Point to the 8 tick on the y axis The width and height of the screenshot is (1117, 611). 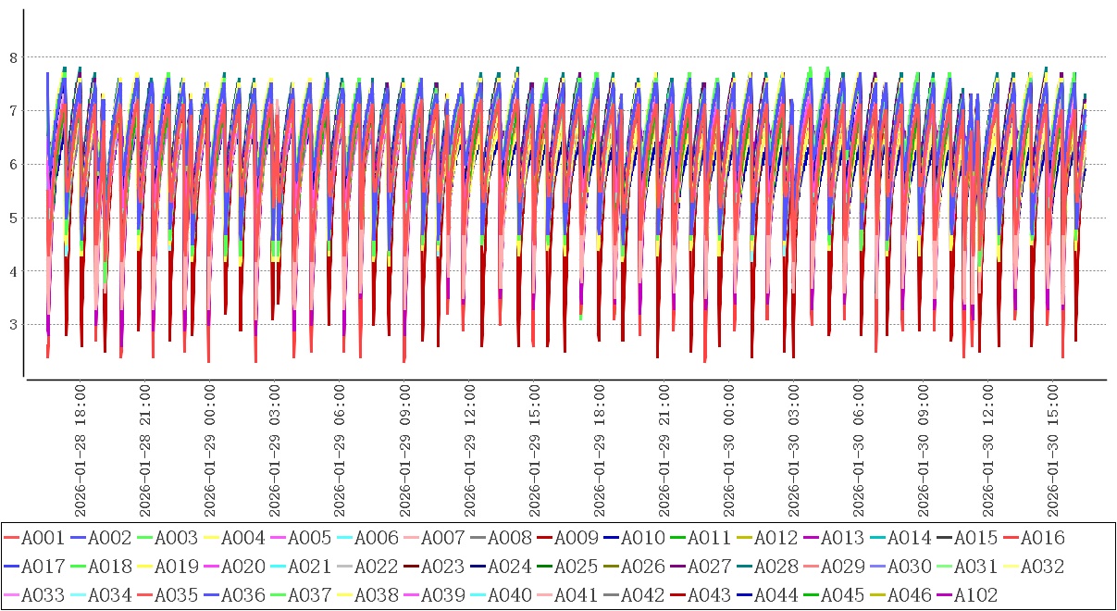tap(13, 57)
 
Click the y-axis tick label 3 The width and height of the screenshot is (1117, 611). tap(13, 325)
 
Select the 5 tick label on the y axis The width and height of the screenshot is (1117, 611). tap(13, 218)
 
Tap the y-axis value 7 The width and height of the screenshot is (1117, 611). tap(13, 111)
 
